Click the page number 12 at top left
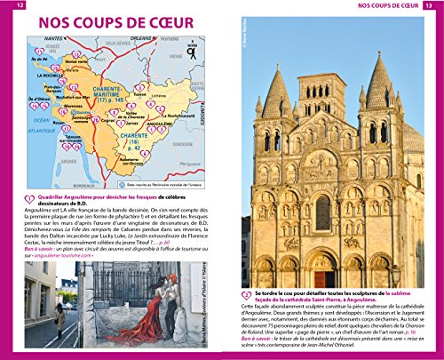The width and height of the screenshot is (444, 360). click(10, 7)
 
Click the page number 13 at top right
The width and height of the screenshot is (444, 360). click(432, 7)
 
